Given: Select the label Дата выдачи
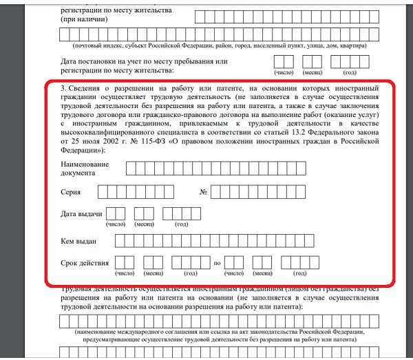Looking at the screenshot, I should tap(81, 215).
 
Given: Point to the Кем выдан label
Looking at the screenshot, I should tap(78, 240).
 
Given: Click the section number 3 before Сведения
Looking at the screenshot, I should tap(63, 88).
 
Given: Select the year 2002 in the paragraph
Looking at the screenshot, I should tap(100, 139).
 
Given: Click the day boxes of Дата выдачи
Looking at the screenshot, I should tap(116, 214).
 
